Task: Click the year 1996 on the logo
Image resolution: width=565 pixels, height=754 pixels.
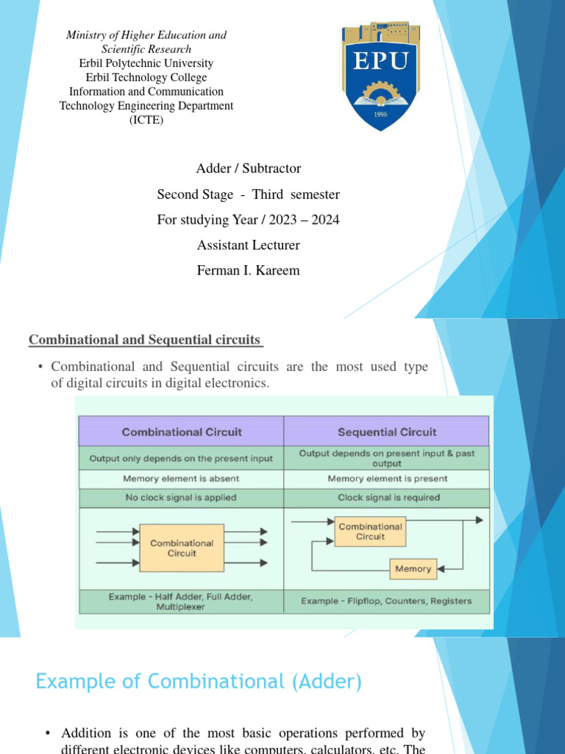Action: click(380, 115)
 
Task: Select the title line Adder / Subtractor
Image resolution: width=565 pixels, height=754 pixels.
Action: click(249, 169)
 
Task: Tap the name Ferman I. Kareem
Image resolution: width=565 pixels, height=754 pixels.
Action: click(249, 270)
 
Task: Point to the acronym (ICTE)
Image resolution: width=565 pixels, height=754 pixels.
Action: click(146, 120)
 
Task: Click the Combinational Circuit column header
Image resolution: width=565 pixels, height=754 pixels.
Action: click(182, 432)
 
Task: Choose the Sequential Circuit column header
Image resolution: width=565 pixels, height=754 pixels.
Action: click(386, 432)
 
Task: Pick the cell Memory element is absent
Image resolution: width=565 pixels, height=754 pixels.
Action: click(181, 479)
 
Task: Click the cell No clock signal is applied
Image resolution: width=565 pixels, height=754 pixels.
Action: click(181, 498)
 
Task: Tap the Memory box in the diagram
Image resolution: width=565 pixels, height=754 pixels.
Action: click(413, 569)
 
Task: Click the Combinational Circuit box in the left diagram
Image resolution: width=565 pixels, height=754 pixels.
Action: click(181, 548)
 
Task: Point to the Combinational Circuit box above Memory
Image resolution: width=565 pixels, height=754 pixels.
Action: click(370, 532)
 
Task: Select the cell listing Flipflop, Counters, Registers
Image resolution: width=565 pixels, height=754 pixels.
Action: click(386, 601)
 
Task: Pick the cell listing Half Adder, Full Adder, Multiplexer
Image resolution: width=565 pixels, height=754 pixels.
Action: click(181, 601)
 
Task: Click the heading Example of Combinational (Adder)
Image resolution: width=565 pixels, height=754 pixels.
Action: click(199, 682)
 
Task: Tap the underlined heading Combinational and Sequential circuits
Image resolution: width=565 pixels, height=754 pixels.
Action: click(146, 339)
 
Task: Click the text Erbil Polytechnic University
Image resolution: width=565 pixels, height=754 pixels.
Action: click(146, 63)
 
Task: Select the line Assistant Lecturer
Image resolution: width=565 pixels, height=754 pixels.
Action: click(249, 245)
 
